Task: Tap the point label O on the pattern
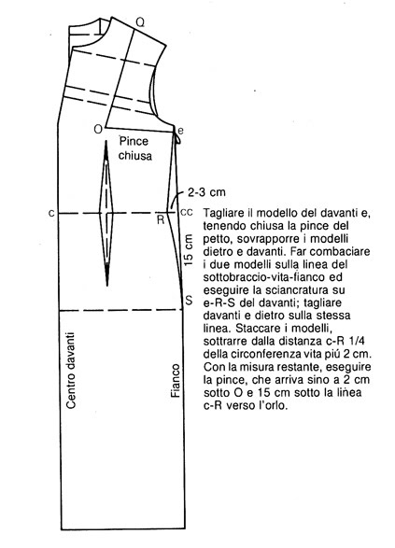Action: [x=97, y=128]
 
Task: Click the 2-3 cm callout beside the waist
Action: [x=205, y=192]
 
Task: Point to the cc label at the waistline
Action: [x=186, y=212]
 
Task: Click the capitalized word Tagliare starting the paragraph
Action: [x=225, y=213]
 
